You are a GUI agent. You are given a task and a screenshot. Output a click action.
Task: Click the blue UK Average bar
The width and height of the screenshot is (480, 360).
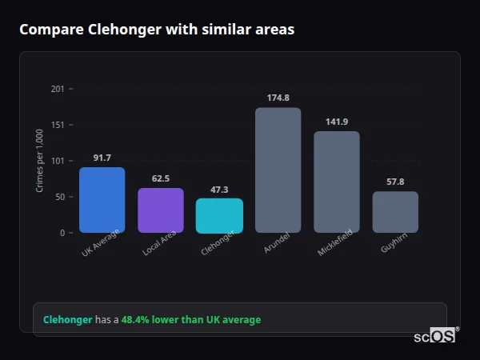pos(102,200)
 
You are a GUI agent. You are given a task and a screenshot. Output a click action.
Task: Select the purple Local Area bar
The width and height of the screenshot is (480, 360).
pos(161,210)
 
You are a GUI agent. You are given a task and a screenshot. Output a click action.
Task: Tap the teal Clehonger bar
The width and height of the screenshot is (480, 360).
pos(219,216)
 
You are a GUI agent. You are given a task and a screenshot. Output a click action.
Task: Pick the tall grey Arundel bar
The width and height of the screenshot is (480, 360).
pos(278,170)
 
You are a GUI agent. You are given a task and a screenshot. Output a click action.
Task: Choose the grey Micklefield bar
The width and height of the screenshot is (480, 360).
pos(337,182)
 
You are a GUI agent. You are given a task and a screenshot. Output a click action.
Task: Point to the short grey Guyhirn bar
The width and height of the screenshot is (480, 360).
pos(395,212)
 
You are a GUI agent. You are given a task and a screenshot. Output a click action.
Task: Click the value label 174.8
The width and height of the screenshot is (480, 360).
pos(278,98)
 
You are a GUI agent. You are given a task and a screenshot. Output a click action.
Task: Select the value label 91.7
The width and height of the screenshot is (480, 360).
pos(102,158)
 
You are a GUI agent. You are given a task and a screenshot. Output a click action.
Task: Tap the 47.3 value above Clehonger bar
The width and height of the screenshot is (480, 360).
pos(219,190)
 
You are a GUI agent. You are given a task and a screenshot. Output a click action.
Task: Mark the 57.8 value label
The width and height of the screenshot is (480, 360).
pos(395,182)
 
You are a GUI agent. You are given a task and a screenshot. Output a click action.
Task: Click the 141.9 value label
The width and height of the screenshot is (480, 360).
pos(337,122)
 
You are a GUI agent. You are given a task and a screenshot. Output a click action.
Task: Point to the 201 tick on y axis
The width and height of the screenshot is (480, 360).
pos(58,89)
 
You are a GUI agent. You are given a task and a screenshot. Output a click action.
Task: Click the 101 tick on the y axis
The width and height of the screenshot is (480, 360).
pos(58,161)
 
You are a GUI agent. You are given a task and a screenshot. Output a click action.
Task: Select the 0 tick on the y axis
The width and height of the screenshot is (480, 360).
pos(62,233)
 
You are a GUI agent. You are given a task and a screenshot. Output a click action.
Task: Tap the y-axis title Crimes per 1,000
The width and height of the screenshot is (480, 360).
pos(39,161)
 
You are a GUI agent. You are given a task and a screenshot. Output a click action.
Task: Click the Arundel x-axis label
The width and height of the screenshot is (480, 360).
pos(276,243)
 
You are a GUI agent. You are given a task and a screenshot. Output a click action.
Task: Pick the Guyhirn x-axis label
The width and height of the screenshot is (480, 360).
pos(394,244)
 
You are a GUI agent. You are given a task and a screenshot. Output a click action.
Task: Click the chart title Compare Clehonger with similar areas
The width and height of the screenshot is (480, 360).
pos(157,30)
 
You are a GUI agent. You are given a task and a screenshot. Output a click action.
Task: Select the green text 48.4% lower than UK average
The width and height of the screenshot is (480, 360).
pos(191,320)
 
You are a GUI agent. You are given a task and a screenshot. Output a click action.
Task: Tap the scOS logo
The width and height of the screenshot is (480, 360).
pos(435,336)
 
